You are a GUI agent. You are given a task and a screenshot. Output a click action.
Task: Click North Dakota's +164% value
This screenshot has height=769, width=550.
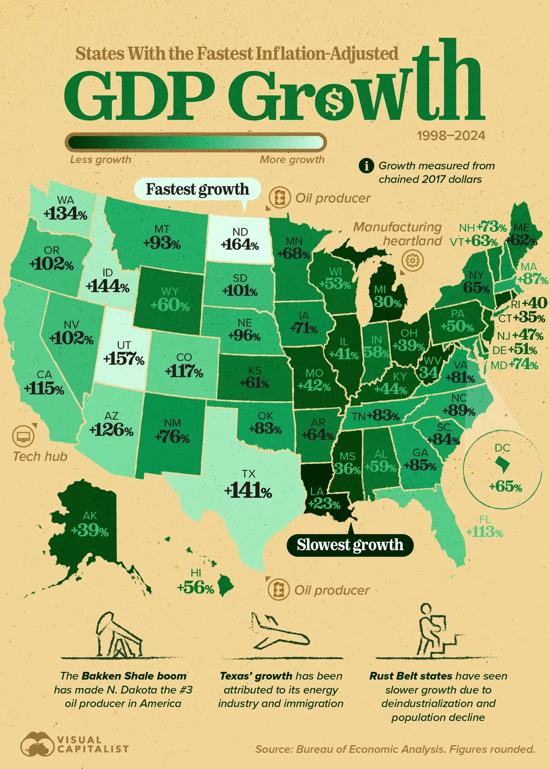(x=240, y=244)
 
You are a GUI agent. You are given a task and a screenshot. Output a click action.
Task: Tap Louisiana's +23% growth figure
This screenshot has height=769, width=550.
(x=324, y=504)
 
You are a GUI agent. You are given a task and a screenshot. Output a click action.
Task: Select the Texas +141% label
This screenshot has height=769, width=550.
(x=248, y=491)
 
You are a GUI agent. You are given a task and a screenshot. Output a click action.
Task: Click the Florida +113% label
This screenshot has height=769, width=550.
(x=484, y=532)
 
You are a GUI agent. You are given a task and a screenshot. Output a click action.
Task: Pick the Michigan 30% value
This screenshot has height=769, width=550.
(x=388, y=302)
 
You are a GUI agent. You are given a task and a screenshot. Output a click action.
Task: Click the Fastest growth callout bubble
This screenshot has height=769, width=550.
(x=197, y=189)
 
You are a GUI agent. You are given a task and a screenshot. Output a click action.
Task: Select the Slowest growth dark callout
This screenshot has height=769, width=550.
(x=350, y=545)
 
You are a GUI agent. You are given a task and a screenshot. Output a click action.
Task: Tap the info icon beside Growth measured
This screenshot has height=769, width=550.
(x=366, y=166)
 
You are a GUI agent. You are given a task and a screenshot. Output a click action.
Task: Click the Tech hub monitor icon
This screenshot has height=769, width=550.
(x=23, y=436)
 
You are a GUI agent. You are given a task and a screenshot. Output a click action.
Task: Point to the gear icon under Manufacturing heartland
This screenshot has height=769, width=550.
(x=412, y=261)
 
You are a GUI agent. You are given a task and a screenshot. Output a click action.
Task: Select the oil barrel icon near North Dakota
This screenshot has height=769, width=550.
(x=280, y=198)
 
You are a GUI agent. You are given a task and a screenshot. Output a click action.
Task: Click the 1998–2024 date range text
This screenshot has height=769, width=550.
(x=451, y=136)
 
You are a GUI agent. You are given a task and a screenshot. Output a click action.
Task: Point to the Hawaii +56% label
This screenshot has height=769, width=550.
(x=195, y=588)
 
